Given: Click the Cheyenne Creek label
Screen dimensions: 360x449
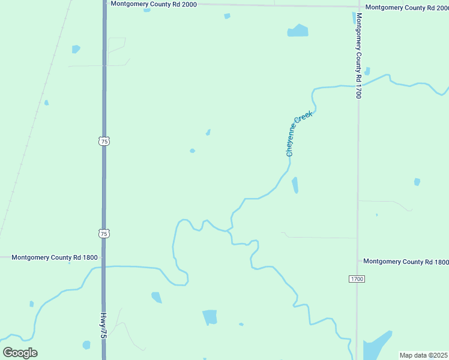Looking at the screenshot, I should [x=300, y=136].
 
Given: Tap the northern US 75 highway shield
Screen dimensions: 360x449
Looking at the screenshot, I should [x=104, y=141].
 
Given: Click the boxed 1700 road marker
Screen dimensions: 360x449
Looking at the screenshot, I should [x=357, y=279].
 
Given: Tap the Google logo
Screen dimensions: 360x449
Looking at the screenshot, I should [x=20, y=353].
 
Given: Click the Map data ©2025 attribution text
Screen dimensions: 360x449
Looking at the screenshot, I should [x=424, y=355].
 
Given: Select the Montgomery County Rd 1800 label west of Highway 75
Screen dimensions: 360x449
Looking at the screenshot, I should [x=54, y=257].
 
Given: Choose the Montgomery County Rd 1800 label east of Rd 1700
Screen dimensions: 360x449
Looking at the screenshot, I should [x=406, y=262].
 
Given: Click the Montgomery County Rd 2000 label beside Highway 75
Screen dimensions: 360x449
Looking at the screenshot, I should [x=154, y=4].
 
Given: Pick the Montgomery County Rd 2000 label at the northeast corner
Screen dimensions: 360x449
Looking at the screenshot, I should [x=406, y=8].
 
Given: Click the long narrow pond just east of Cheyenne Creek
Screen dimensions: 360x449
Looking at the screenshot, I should [x=295, y=185].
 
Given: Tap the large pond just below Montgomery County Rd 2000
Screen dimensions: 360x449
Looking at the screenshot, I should [x=298, y=31].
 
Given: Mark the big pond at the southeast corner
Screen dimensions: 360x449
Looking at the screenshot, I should [x=376, y=346].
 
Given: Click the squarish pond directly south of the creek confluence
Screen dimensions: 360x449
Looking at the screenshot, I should [x=209, y=317].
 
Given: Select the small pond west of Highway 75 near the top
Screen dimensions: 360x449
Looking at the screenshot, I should [x=76, y=49].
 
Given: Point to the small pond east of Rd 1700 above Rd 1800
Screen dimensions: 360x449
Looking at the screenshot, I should [x=417, y=182].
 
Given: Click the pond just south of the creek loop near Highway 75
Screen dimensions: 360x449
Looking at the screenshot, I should [x=157, y=297].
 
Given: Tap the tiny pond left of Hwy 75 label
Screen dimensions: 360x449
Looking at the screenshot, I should [x=86, y=345].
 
